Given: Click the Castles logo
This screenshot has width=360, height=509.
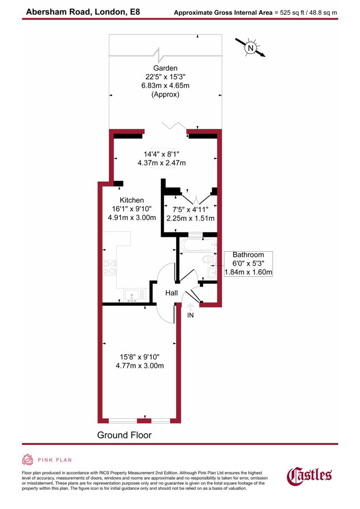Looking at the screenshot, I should pos(309,475).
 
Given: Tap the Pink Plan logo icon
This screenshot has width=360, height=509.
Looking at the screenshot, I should pos(27,459).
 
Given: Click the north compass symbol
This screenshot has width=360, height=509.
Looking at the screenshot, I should pos(251,48).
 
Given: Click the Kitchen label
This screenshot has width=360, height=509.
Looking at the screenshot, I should pos(131,200).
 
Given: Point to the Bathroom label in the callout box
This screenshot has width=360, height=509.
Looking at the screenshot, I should pos(248,255).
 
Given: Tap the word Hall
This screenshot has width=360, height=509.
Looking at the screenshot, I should pos(171,293).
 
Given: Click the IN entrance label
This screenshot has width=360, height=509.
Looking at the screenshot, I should pos(190,315).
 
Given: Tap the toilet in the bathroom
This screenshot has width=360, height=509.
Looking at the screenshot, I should pos(208,260).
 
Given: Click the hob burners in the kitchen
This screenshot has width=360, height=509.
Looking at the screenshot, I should pos(110,267).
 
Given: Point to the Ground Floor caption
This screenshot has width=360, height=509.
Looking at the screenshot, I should pos(124,435).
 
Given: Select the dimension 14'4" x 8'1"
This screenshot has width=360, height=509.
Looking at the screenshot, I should pos(162,154).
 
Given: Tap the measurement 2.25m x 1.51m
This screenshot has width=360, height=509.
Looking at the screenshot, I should pos(190,218).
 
